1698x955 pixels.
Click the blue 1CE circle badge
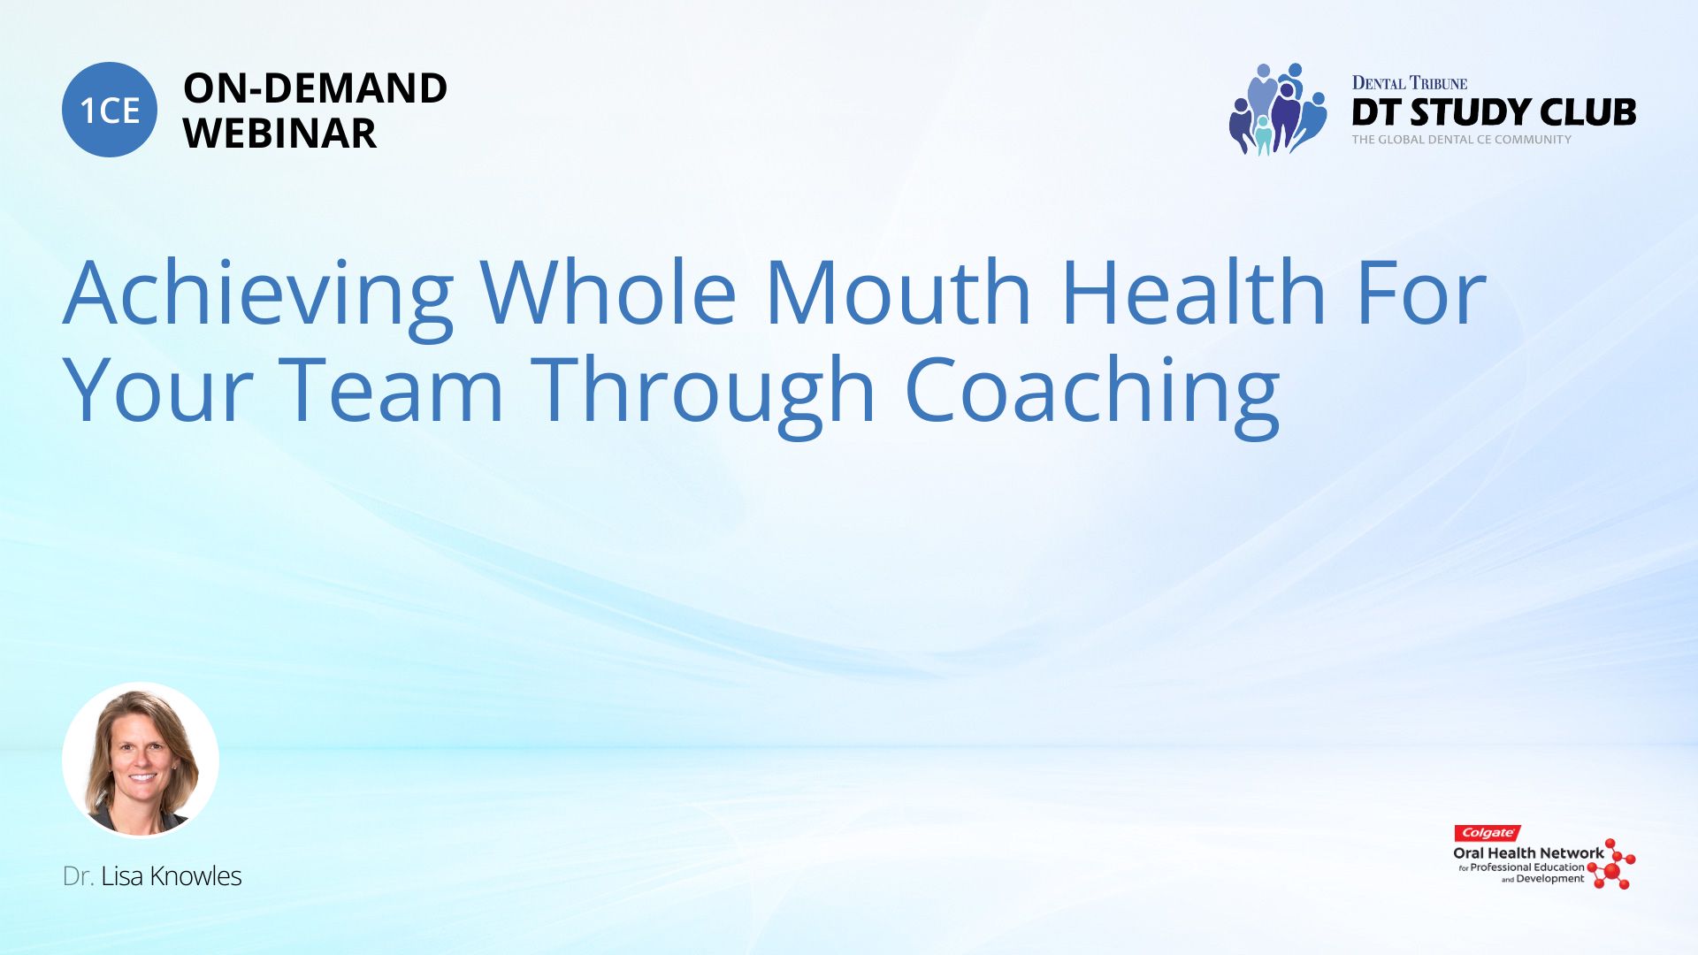pyautogui.click(x=110, y=110)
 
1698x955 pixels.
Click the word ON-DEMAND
pyautogui.click(x=316, y=88)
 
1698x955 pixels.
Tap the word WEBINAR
pyautogui.click(x=280, y=134)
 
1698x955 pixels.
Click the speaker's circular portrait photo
pyautogui.click(x=141, y=760)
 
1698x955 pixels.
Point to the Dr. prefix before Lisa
pyautogui.click(x=78, y=876)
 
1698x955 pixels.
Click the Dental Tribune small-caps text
pyautogui.click(x=1410, y=83)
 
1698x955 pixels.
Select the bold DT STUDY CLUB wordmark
pyautogui.click(x=1494, y=112)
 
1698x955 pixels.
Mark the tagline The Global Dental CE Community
pyautogui.click(x=1462, y=140)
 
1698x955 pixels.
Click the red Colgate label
pyautogui.click(x=1488, y=833)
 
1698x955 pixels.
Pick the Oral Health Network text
pyautogui.click(x=1528, y=853)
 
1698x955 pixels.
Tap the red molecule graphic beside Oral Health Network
pyautogui.click(x=1612, y=865)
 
